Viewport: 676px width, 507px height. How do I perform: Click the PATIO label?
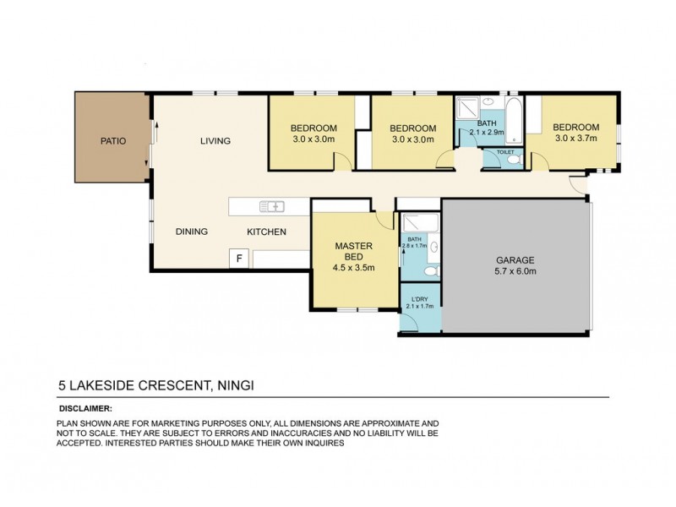tap(112, 141)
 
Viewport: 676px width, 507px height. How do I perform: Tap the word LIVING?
tap(215, 141)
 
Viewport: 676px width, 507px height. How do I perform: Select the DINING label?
tap(192, 232)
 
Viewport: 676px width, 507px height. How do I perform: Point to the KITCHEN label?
tap(266, 232)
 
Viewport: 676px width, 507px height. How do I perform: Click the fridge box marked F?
tap(239, 259)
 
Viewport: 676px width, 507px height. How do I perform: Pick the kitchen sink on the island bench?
tap(273, 205)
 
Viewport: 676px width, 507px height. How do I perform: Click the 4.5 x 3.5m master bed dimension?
tap(355, 268)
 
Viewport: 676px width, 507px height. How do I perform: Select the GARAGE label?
tap(515, 259)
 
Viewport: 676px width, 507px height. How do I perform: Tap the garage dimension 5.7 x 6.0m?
tap(515, 271)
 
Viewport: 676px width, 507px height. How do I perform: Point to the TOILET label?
tap(505, 152)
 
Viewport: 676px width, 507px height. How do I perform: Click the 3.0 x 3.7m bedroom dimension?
tap(575, 139)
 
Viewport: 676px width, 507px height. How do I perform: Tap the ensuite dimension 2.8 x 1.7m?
tap(414, 247)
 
